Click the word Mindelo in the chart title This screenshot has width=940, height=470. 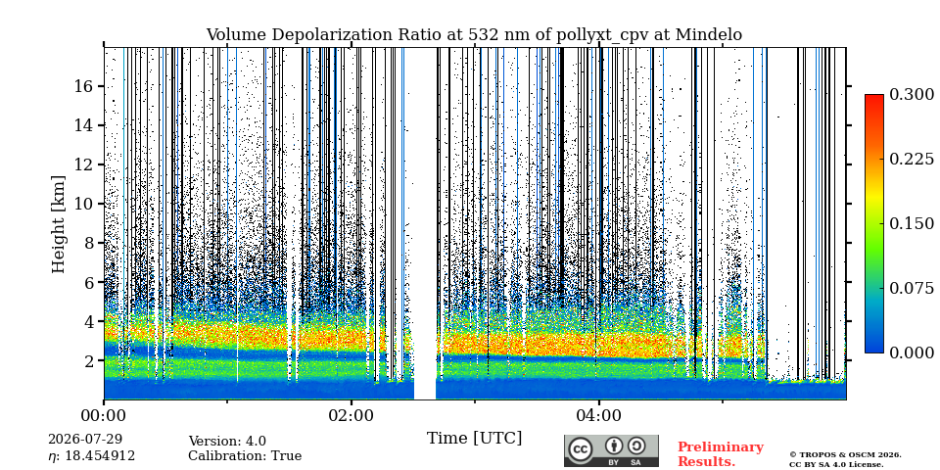point(709,35)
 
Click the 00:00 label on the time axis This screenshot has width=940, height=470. point(105,414)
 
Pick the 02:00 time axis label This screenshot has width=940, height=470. point(352,414)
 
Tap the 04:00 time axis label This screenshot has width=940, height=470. point(599,414)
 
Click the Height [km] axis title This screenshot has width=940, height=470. point(58,224)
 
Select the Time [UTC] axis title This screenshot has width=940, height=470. point(474,439)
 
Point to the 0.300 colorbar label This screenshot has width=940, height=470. point(912,95)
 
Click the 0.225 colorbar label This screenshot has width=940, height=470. point(912,159)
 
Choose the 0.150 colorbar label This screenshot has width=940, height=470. point(912,223)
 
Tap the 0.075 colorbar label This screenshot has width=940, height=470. point(912,288)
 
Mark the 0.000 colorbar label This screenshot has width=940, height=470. point(912,352)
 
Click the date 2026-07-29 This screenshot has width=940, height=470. point(85,440)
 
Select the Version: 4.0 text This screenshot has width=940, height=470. point(227,442)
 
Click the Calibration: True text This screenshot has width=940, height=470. point(245,456)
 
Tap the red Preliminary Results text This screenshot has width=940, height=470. point(721,454)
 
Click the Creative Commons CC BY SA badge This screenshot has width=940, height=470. point(611,450)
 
